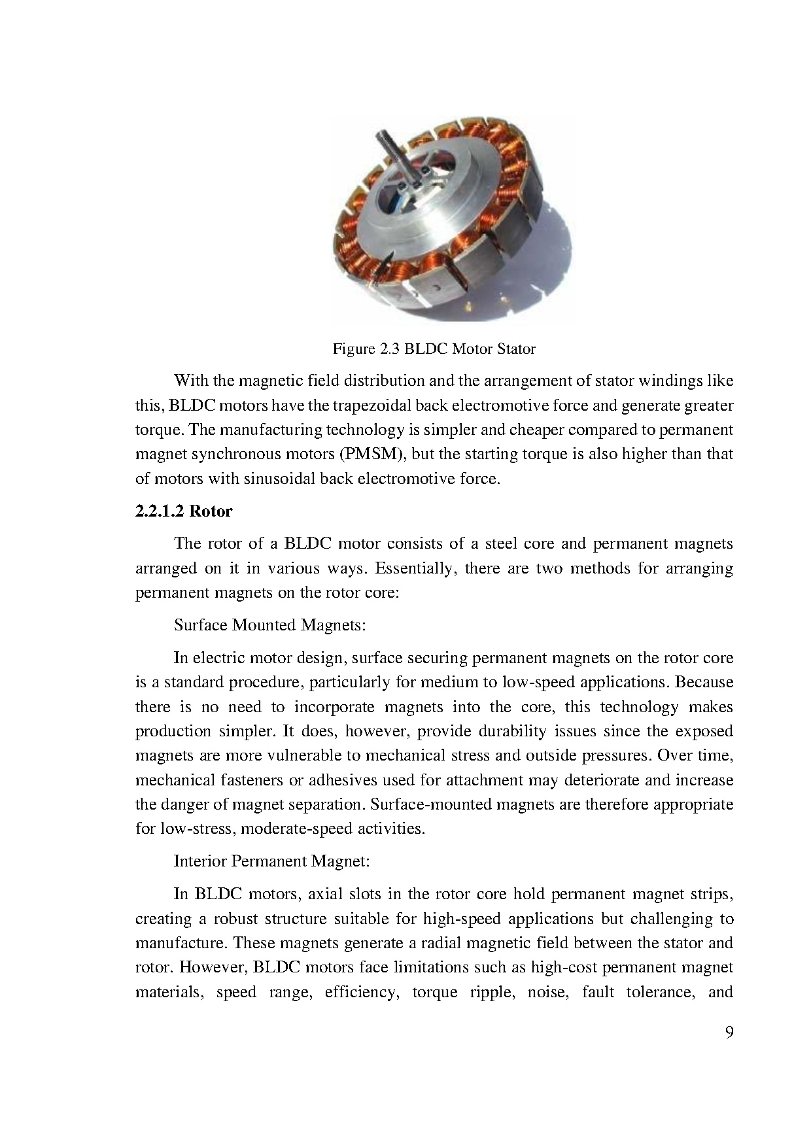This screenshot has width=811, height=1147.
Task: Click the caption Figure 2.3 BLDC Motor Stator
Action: [434, 349]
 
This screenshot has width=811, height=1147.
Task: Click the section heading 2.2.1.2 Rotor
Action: [184, 511]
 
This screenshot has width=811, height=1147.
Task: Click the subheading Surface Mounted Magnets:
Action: [269, 625]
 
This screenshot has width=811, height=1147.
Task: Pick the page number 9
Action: [729, 1033]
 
